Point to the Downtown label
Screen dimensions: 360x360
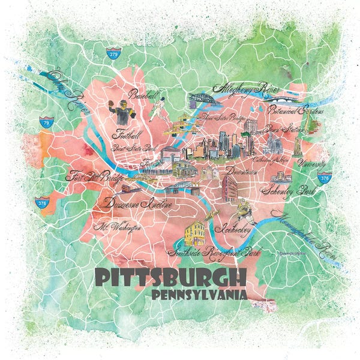243,171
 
